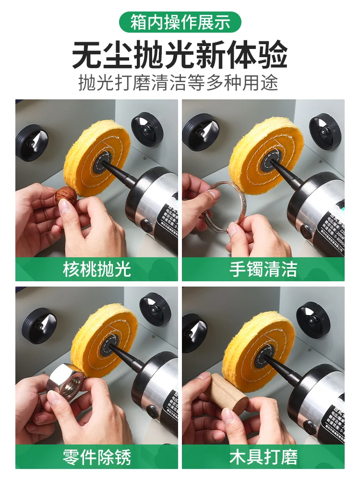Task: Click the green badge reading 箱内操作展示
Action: (x=180, y=22)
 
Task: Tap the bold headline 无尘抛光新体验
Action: (x=180, y=55)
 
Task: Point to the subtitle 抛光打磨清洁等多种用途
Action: (x=180, y=83)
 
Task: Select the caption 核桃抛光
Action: (x=96, y=269)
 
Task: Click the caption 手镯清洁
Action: (x=263, y=269)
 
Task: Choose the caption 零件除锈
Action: (x=96, y=456)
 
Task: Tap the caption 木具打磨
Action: (x=263, y=456)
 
